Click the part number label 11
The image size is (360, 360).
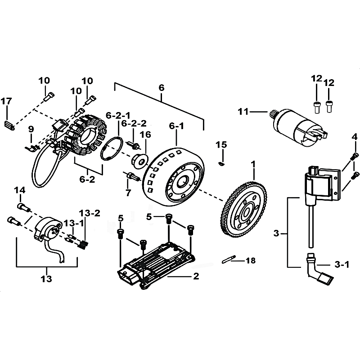pyautogui.click(x=243, y=112)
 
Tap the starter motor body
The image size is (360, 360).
pyautogui.click(x=298, y=127)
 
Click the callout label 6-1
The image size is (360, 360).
pyautogui.click(x=176, y=126)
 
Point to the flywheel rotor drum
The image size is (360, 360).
pyautogui.click(x=173, y=177)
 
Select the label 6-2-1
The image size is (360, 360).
pyautogui.click(x=118, y=116)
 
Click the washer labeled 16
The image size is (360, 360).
pyautogui.click(x=139, y=160)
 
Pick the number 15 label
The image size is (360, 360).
pyautogui.click(x=221, y=144)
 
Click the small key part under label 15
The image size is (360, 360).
pyautogui.click(x=221, y=163)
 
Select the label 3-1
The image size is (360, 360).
pyautogui.click(x=342, y=265)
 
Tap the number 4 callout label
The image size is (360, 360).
pyautogui.click(x=355, y=137)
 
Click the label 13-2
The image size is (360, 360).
pyautogui.click(x=90, y=213)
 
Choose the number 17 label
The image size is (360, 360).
pyautogui.click(x=6, y=101)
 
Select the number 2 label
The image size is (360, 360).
pyautogui.click(x=196, y=276)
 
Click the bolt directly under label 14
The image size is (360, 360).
pyautogui.click(x=24, y=207)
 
